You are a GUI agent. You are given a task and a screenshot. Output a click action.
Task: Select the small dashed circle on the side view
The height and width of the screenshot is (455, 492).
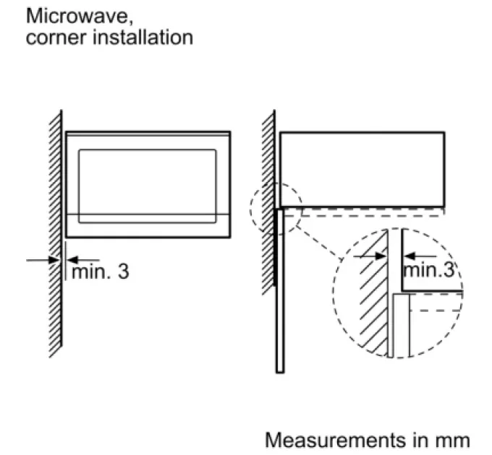pos(276,207)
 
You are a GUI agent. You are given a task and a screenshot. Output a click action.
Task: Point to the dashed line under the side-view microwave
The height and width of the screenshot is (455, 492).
pos(362,214)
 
